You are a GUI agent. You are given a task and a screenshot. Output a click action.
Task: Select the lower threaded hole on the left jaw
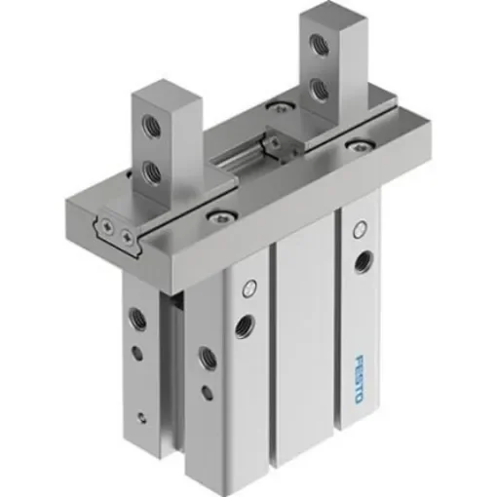point(149,173)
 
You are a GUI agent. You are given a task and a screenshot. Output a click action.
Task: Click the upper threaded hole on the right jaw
point(317,44)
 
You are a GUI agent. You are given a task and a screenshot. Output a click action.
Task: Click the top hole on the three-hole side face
point(136,316)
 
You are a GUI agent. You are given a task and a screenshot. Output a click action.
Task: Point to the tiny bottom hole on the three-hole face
point(142,416)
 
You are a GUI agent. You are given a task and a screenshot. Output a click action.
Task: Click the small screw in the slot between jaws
point(276,141)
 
